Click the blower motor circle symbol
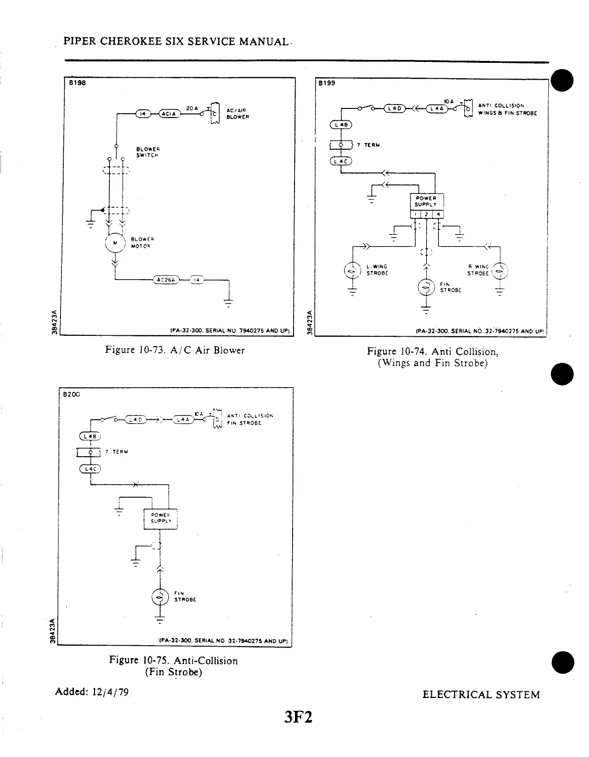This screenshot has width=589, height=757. [x=114, y=243]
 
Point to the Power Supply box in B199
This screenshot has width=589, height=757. [x=426, y=201]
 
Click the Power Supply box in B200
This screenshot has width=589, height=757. [x=161, y=519]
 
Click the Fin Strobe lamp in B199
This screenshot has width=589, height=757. [x=426, y=287]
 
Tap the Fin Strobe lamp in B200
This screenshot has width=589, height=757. [x=160, y=596]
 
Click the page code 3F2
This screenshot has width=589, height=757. [x=298, y=718]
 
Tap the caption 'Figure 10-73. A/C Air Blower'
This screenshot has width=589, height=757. [x=175, y=350]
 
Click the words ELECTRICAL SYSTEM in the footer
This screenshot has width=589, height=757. [x=481, y=695]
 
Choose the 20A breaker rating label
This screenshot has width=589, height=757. [x=191, y=108]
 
